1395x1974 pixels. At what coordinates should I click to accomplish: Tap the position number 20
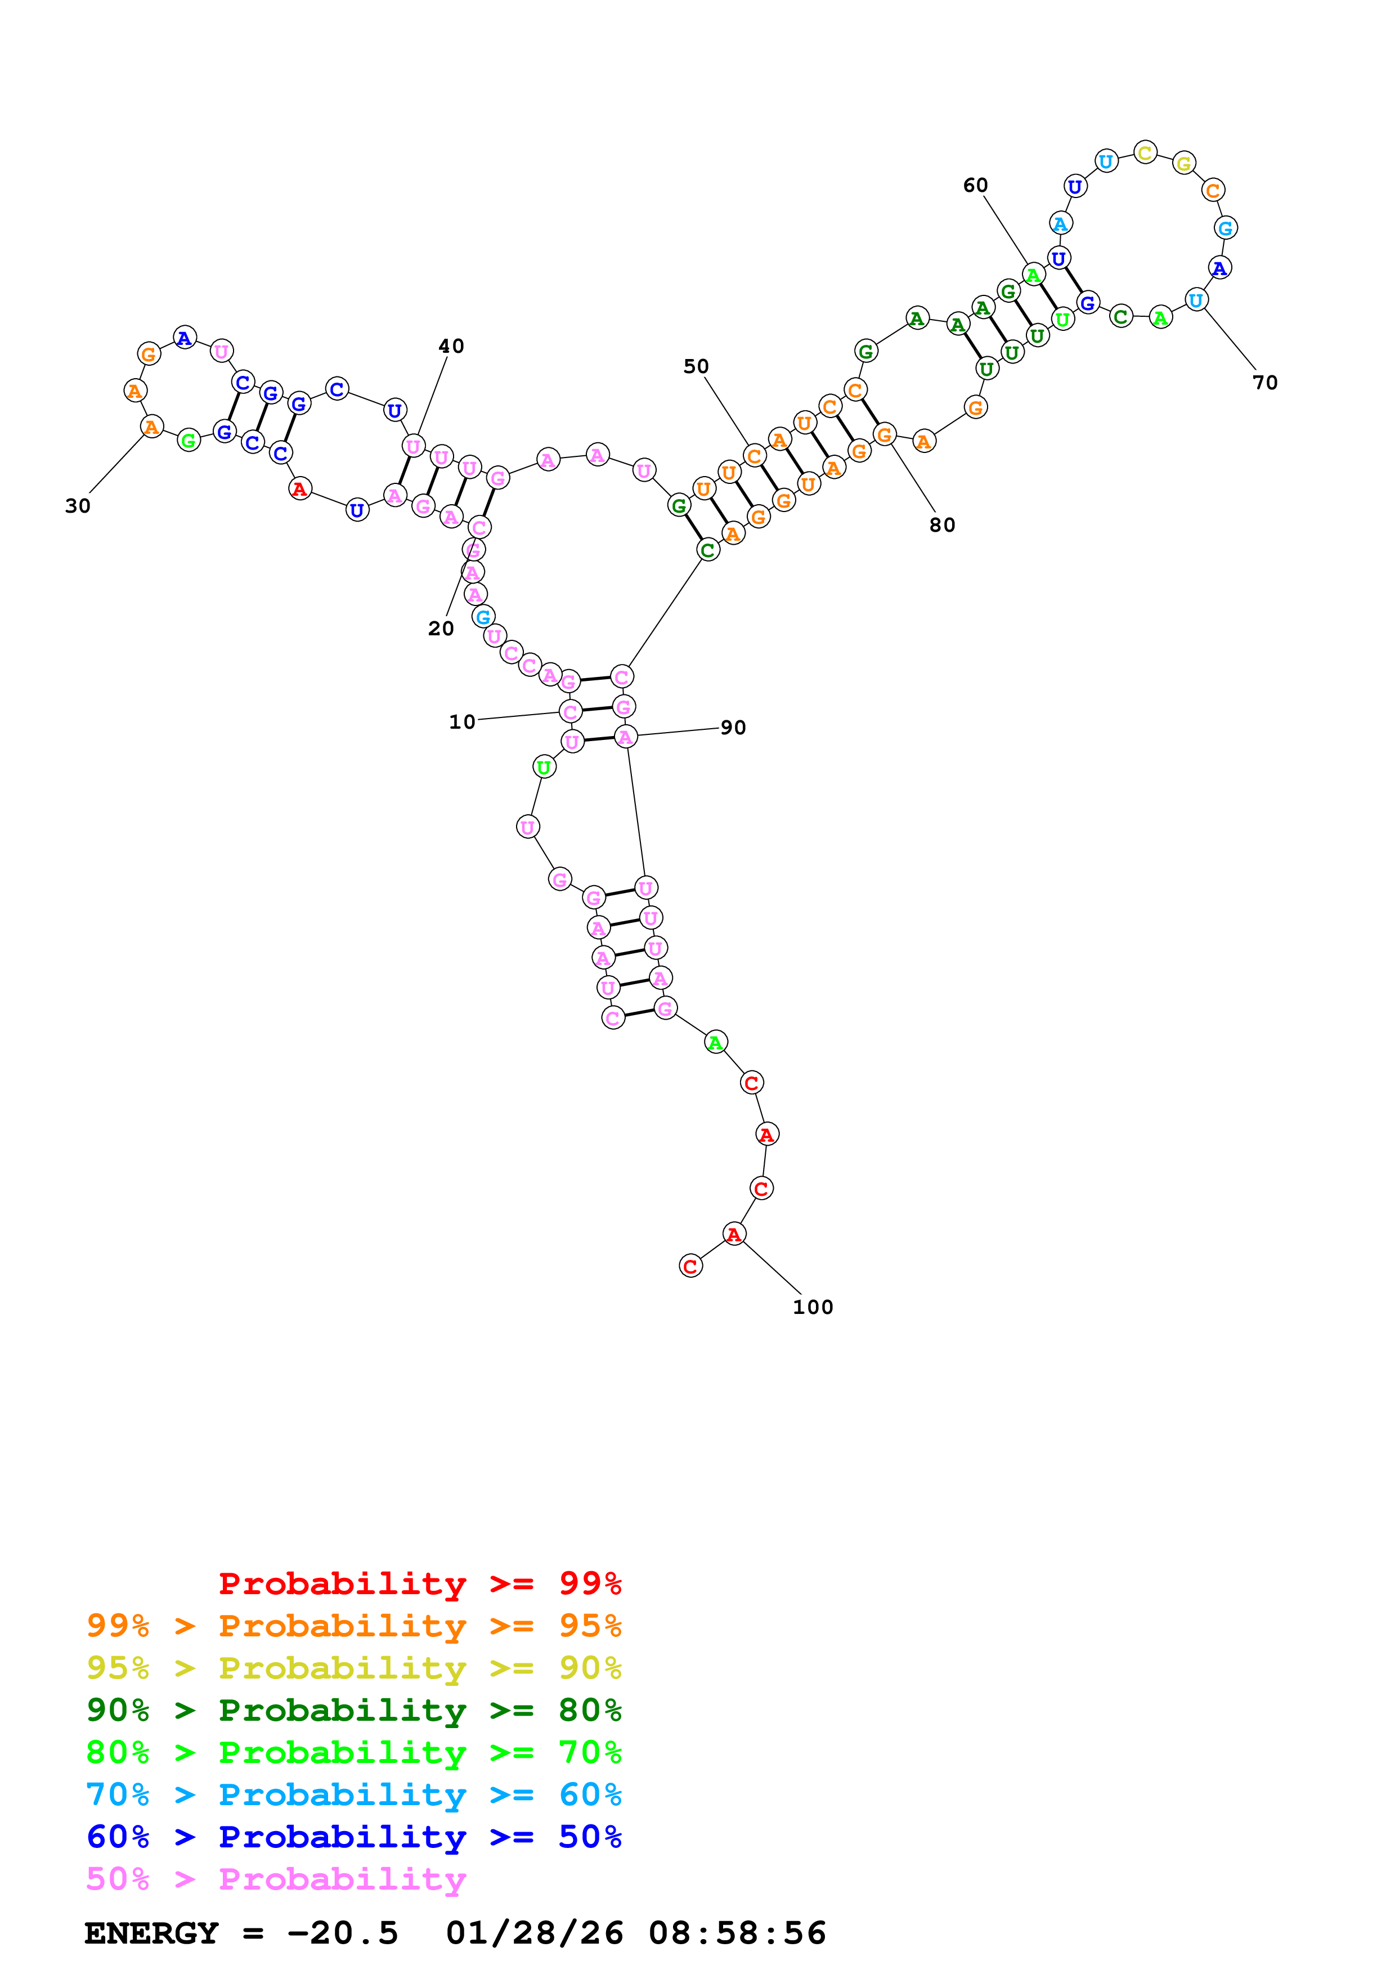coord(441,629)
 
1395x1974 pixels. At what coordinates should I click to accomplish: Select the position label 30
coord(77,506)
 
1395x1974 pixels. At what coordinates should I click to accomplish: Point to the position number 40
coord(451,347)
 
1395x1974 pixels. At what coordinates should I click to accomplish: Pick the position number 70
coord(1264,383)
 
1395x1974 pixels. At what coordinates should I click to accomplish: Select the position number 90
coord(733,728)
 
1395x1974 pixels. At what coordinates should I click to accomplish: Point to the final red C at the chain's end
coord(690,1267)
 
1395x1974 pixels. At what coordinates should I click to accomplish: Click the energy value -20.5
coord(342,1933)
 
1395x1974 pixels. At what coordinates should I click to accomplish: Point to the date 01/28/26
coord(534,1933)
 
